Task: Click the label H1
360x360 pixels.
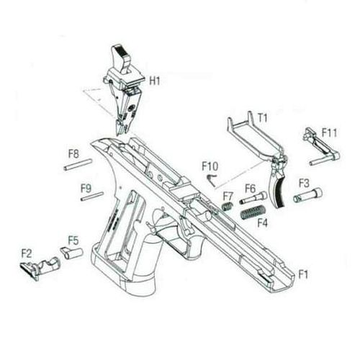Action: [155, 81]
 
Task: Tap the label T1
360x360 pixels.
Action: [262, 117]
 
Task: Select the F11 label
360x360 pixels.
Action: [329, 132]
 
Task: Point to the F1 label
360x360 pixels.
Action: [303, 274]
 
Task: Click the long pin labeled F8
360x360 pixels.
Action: [78, 164]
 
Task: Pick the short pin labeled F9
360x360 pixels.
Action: [92, 196]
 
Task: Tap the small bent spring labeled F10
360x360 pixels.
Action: [212, 180]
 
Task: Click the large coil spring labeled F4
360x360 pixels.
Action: [253, 212]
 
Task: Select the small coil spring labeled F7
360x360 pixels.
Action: [227, 206]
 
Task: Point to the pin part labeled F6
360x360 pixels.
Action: [253, 198]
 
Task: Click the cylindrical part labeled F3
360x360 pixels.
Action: [307, 195]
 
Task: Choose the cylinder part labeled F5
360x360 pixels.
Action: [72, 253]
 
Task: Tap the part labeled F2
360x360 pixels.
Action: [40, 268]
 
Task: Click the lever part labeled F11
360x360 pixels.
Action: [323, 147]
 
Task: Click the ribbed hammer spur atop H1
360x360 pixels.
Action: [121, 58]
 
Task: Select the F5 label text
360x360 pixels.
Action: [73, 240]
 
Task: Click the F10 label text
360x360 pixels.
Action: [210, 166]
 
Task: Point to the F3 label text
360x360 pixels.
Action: [304, 183]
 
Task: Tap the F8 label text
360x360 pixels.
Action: [73, 154]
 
